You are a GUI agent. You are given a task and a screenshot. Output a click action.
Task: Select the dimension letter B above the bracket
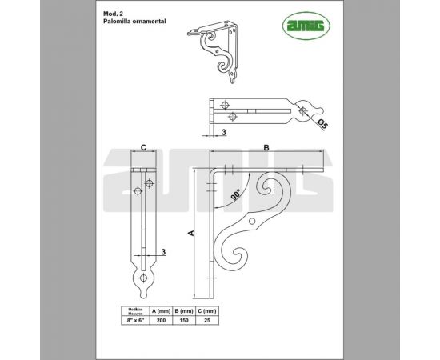tap(266, 147)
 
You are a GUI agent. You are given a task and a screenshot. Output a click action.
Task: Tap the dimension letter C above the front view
tap(142, 147)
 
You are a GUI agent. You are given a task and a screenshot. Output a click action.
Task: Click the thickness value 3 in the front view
tap(163, 252)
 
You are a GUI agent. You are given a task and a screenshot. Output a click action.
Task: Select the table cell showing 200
tap(160, 319)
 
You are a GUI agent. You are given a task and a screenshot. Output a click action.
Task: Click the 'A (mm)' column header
tap(160, 310)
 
